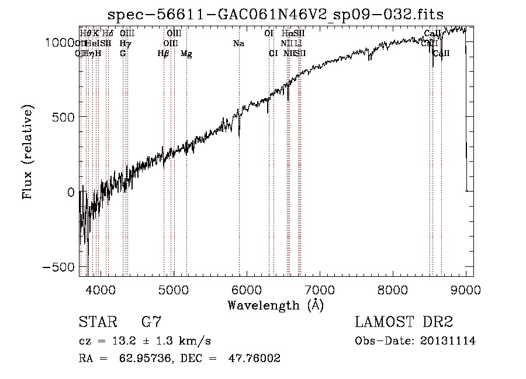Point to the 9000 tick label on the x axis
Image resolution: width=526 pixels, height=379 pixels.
[466, 289]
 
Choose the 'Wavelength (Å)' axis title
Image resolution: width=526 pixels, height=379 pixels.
[275, 305]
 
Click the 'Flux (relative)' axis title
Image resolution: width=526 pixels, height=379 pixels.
[28, 151]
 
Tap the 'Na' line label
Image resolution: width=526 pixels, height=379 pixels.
[238, 43]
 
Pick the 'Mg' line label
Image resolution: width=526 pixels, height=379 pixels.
[186, 54]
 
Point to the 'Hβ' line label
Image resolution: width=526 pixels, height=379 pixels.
[164, 54]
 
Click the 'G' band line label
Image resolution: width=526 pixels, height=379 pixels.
[123, 54]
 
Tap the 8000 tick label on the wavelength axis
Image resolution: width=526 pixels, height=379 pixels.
[393, 289]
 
